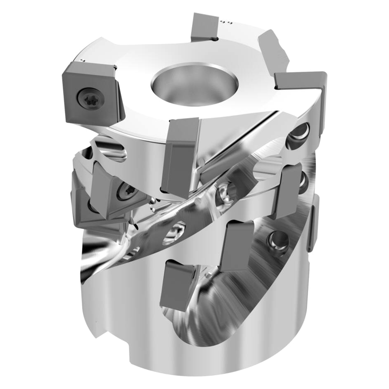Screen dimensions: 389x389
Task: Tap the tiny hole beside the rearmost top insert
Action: [215, 39]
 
